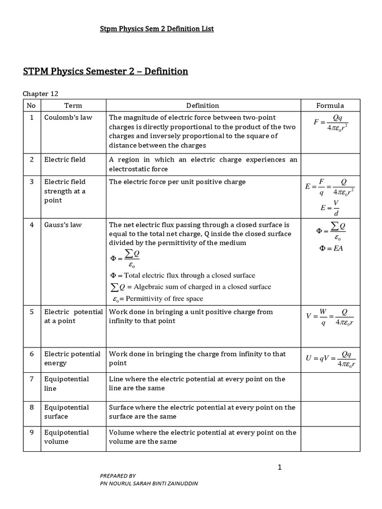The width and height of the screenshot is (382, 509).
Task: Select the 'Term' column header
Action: pyautogui.click(x=73, y=105)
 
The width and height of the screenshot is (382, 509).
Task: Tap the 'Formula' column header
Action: pyautogui.click(x=330, y=105)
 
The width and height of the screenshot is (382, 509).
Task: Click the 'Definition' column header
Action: pyautogui.click(x=202, y=105)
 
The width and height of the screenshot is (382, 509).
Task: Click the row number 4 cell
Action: pyautogui.click(x=31, y=225)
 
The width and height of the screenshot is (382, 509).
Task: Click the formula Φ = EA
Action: pyautogui.click(x=330, y=248)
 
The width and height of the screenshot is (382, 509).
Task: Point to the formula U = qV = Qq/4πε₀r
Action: pyautogui.click(x=330, y=359)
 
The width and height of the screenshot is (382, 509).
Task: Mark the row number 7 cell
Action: pyautogui.click(x=31, y=379)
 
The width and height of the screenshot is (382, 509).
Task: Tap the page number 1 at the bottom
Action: pyautogui.click(x=280, y=467)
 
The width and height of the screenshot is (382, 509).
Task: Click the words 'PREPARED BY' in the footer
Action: pyautogui.click(x=118, y=475)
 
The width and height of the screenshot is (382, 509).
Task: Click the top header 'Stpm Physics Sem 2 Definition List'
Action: pyautogui.click(x=157, y=29)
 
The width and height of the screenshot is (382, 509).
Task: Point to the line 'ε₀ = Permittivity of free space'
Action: pyautogui.click(x=156, y=299)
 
